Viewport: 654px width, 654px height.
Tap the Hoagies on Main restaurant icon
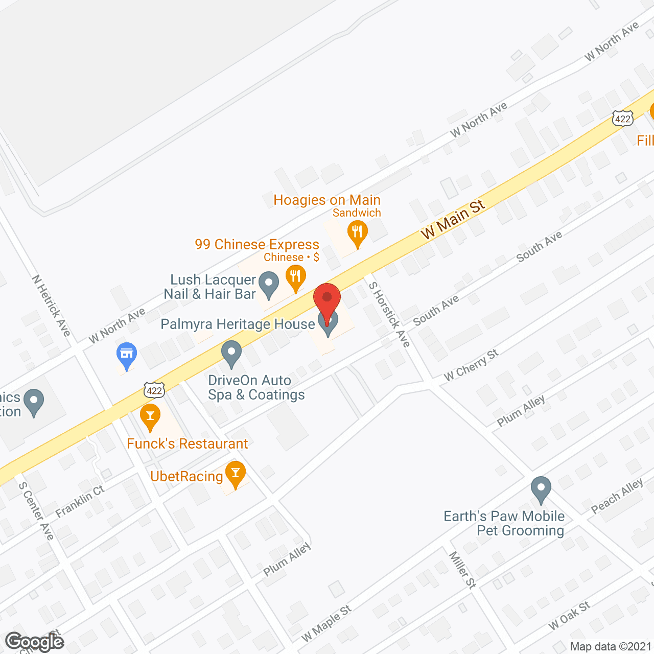click(358, 232)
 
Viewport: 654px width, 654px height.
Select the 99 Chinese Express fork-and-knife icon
click(295, 277)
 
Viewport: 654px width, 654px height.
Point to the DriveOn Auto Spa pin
click(231, 352)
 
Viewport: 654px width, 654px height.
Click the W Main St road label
click(452, 220)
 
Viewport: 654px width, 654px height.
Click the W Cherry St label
click(471, 365)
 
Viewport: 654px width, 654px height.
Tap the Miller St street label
click(462, 570)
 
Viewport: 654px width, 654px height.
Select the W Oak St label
click(569, 616)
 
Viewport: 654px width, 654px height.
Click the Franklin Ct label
click(80, 501)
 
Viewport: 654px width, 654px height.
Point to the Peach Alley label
click(617, 496)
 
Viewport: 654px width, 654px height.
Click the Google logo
click(35, 642)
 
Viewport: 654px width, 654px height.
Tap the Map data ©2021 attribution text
click(611, 646)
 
